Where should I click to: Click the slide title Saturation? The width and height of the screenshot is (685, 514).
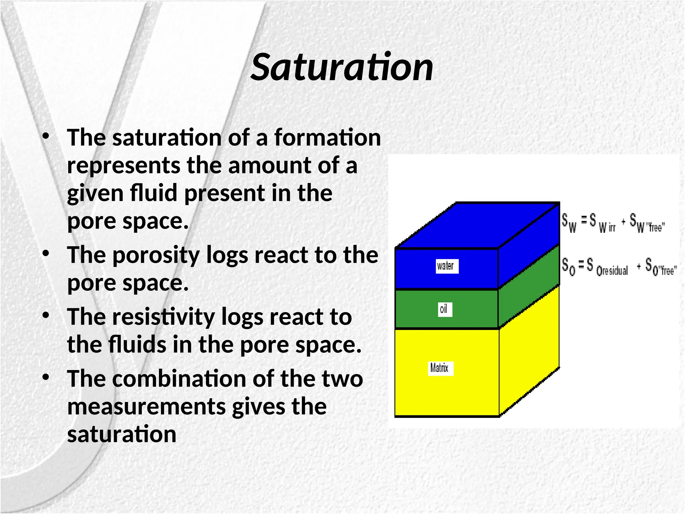(342, 68)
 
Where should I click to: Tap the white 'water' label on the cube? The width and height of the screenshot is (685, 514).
(447, 266)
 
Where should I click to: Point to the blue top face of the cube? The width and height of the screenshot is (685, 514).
(478, 225)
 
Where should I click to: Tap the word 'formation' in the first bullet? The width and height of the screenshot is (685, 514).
(327, 138)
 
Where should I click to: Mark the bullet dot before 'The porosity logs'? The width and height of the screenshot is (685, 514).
(46, 253)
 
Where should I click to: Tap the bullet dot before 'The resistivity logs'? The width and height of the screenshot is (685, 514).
(46, 315)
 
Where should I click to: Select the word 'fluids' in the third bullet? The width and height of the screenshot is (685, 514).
(137, 345)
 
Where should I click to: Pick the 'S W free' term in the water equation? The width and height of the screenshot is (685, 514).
(647, 223)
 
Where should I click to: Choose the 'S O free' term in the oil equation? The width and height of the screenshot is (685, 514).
(661, 267)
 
